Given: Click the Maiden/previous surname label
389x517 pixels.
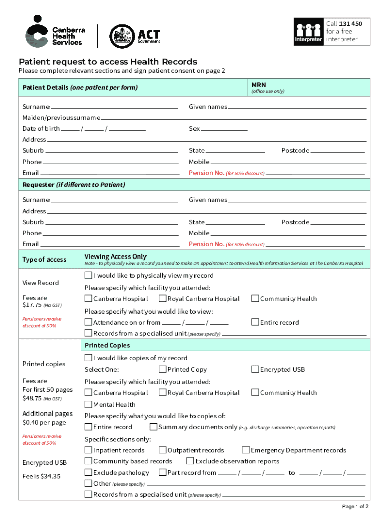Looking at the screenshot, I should [x=61, y=118].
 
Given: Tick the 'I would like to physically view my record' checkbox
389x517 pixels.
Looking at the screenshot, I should [x=88, y=276].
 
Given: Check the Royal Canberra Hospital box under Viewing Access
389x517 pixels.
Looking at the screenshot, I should [x=163, y=299].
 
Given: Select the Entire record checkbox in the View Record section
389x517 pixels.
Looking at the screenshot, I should [x=255, y=322].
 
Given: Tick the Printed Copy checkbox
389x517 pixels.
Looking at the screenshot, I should [x=163, y=370].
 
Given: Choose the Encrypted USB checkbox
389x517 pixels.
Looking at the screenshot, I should [x=255, y=370].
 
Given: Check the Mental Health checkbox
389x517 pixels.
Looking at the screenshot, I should [x=88, y=404].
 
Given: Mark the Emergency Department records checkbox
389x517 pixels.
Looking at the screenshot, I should [x=246, y=450].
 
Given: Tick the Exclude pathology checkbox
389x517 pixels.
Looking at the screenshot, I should [x=88, y=473].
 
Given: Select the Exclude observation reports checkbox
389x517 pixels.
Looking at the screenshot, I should [x=190, y=461].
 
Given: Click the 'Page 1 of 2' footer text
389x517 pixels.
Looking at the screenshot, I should [x=355, y=506].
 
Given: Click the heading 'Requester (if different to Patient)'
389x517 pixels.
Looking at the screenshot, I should [x=74, y=185].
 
